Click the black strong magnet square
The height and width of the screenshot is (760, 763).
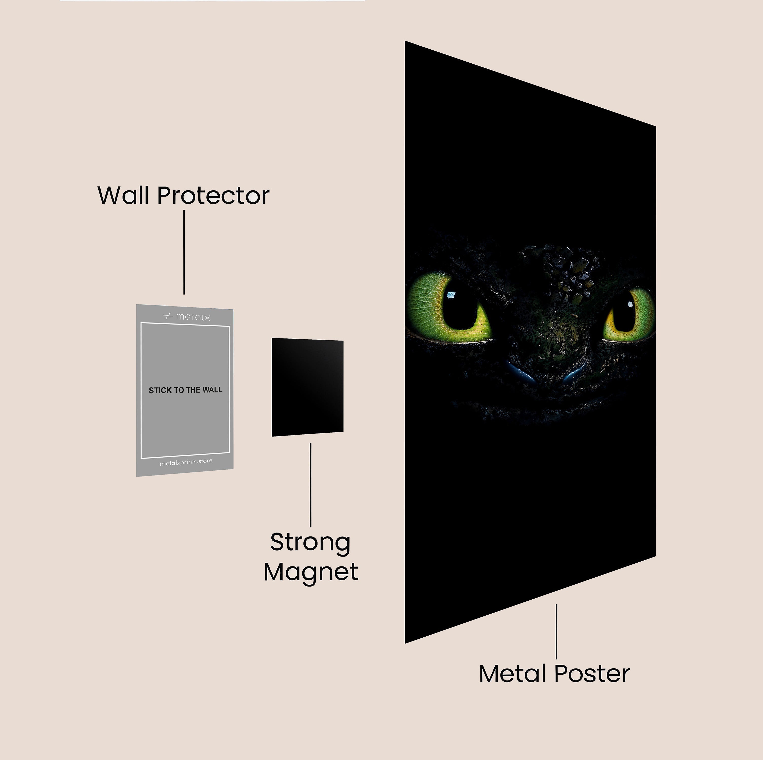(x=307, y=387)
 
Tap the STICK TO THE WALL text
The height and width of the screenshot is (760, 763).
(x=185, y=390)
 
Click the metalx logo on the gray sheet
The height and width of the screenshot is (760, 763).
(x=187, y=317)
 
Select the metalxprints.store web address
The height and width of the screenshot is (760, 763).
(x=186, y=462)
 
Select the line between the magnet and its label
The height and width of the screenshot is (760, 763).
(x=310, y=485)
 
